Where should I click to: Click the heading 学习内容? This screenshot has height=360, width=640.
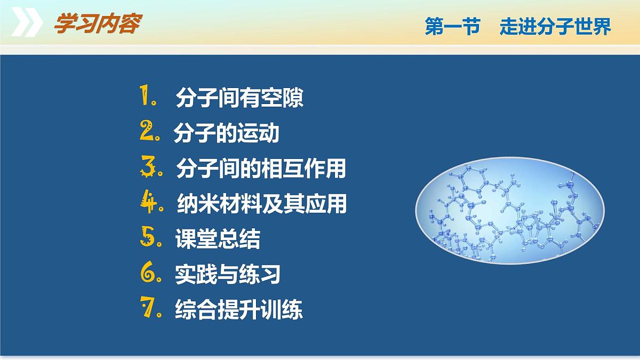point(97,25)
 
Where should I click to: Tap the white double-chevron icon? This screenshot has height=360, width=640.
point(27,24)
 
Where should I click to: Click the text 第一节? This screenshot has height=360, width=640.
point(452,27)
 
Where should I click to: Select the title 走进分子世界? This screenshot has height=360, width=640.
point(555,27)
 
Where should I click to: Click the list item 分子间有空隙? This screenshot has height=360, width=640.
point(239,99)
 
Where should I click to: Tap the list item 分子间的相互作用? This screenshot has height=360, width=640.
point(261,169)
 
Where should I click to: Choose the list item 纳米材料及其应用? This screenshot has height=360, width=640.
point(261,204)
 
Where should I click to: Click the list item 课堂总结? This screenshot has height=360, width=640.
point(218,239)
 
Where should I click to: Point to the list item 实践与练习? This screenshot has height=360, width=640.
point(228,274)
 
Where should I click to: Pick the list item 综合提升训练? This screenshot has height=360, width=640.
point(239,310)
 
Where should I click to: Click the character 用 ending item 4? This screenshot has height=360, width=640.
point(337,204)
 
